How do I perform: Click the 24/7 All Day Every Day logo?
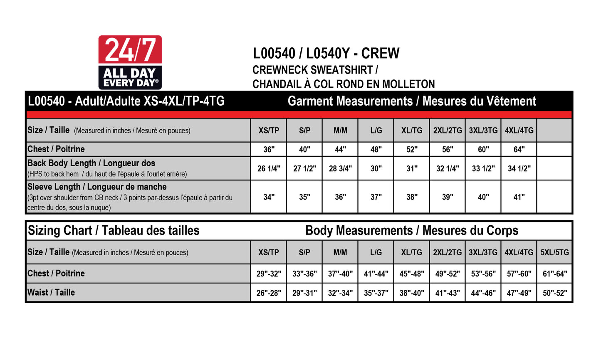[130, 62]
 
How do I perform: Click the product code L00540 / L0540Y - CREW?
[326, 53]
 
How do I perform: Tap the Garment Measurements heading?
[412, 101]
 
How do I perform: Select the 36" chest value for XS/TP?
[269, 150]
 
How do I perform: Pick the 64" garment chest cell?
[519, 150]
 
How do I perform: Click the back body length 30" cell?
[376, 168]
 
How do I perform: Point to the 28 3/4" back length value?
[340, 168]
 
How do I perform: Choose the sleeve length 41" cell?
[519, 197]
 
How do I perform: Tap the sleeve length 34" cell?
[269, 197]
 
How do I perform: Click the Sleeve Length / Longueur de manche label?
[97, 187]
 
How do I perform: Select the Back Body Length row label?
[91, 163]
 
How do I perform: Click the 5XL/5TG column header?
[555, 252]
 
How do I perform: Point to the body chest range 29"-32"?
[269, 274]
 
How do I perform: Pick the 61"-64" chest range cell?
[555, 274]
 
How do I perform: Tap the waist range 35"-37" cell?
[376, 293]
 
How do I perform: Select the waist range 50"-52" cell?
[555, 293]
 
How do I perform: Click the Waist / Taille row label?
[51, 293]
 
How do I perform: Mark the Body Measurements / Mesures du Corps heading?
[412, 231]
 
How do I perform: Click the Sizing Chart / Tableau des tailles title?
[114, 231]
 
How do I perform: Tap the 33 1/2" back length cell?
[483, 168]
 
